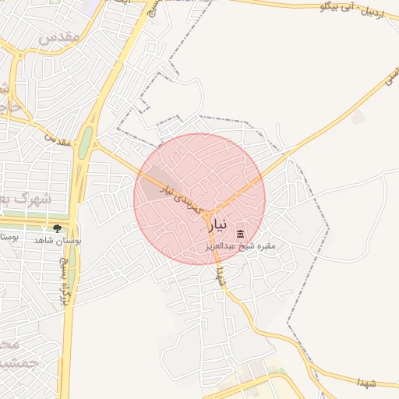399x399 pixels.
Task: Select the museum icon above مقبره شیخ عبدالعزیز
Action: pyautogui.click(x=240, y=234)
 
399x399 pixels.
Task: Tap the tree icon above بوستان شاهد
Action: pyautogui.click(x=57, y=228)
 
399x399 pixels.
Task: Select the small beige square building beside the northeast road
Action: pyautogui.click(x=358, y=118)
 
